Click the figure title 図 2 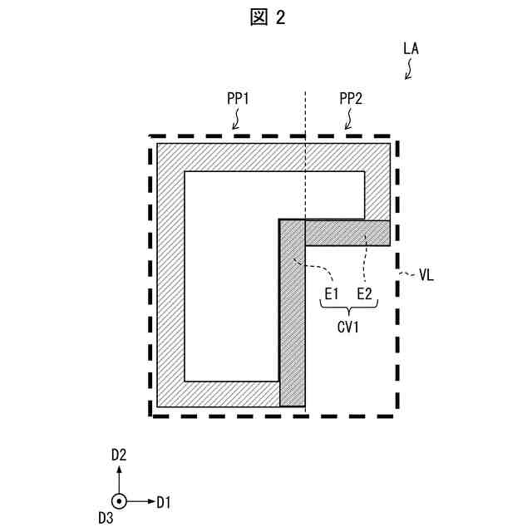point(266,17)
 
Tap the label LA point(411,49)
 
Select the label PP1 point(239,99)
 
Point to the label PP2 point(351,99)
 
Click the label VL point(426,273)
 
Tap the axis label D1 point(164,501)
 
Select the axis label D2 point(119,454)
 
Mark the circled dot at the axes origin point(119,501)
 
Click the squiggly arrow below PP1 point(236,122)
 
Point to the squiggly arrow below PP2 point(349,122)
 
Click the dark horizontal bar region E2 point(347,233)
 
